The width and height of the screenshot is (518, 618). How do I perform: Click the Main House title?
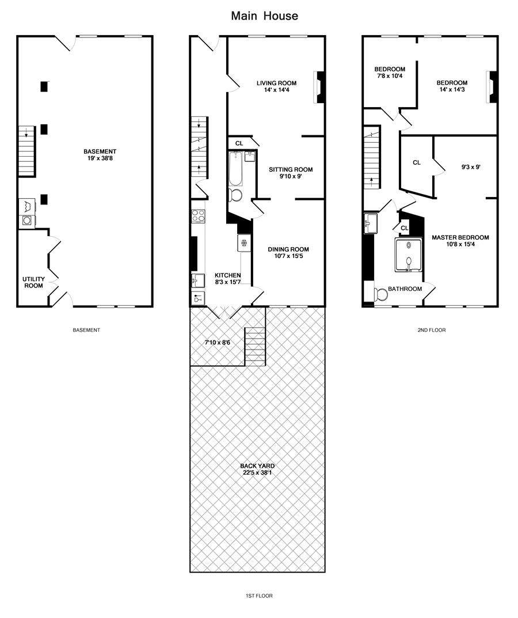[x=264, y=16]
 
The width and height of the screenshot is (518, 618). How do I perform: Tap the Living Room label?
[x=276, y=83]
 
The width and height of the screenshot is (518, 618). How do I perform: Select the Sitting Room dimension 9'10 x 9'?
[x=291, y=176]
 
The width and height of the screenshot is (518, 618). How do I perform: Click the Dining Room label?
[x=288, y=249]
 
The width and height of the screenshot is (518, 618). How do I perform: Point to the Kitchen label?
[x=228, y=275]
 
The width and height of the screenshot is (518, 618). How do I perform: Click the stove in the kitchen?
[x=198, y=217]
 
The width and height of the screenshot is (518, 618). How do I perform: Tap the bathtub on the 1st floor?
[x=235, y=169]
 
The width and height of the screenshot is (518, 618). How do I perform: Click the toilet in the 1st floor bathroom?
[x=235, y=195]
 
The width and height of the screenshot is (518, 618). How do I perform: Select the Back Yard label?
[x=258, y=466]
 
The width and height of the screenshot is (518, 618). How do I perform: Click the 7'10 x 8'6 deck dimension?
[x=218, y=343]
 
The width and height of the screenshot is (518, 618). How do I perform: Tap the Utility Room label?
[x=33, y=282]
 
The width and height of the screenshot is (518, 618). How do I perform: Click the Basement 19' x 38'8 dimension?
[x=100, y=158]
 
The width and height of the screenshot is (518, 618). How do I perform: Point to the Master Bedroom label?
[x=460, y=238]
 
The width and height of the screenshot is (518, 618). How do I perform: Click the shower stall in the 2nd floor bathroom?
[x=409, y=255]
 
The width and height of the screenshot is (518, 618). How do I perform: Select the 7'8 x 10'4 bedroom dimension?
[x=390, y=75]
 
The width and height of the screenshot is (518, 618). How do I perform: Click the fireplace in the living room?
[x=319, y=87]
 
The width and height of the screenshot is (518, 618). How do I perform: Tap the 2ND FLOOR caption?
[x=432, y=330]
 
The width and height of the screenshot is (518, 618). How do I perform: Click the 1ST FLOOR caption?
[x=258, y=596]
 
